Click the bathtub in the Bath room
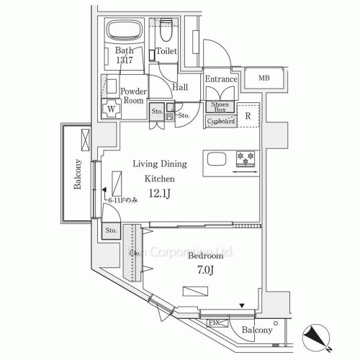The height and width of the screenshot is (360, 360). point(127,32)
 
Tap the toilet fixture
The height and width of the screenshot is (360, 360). point(165,32)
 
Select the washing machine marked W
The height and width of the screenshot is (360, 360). point(112,111)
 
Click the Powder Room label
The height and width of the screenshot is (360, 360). point(133,96)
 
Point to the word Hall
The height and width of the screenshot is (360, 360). point(181,86)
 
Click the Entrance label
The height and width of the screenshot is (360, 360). point(221,78)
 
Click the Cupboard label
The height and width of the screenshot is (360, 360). point(221,122)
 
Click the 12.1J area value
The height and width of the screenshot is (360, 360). point(159,193)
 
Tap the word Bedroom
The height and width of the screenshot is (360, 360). point(205,256)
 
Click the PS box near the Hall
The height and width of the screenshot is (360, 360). point(169,115)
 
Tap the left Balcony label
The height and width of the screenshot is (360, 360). point(76,174)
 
